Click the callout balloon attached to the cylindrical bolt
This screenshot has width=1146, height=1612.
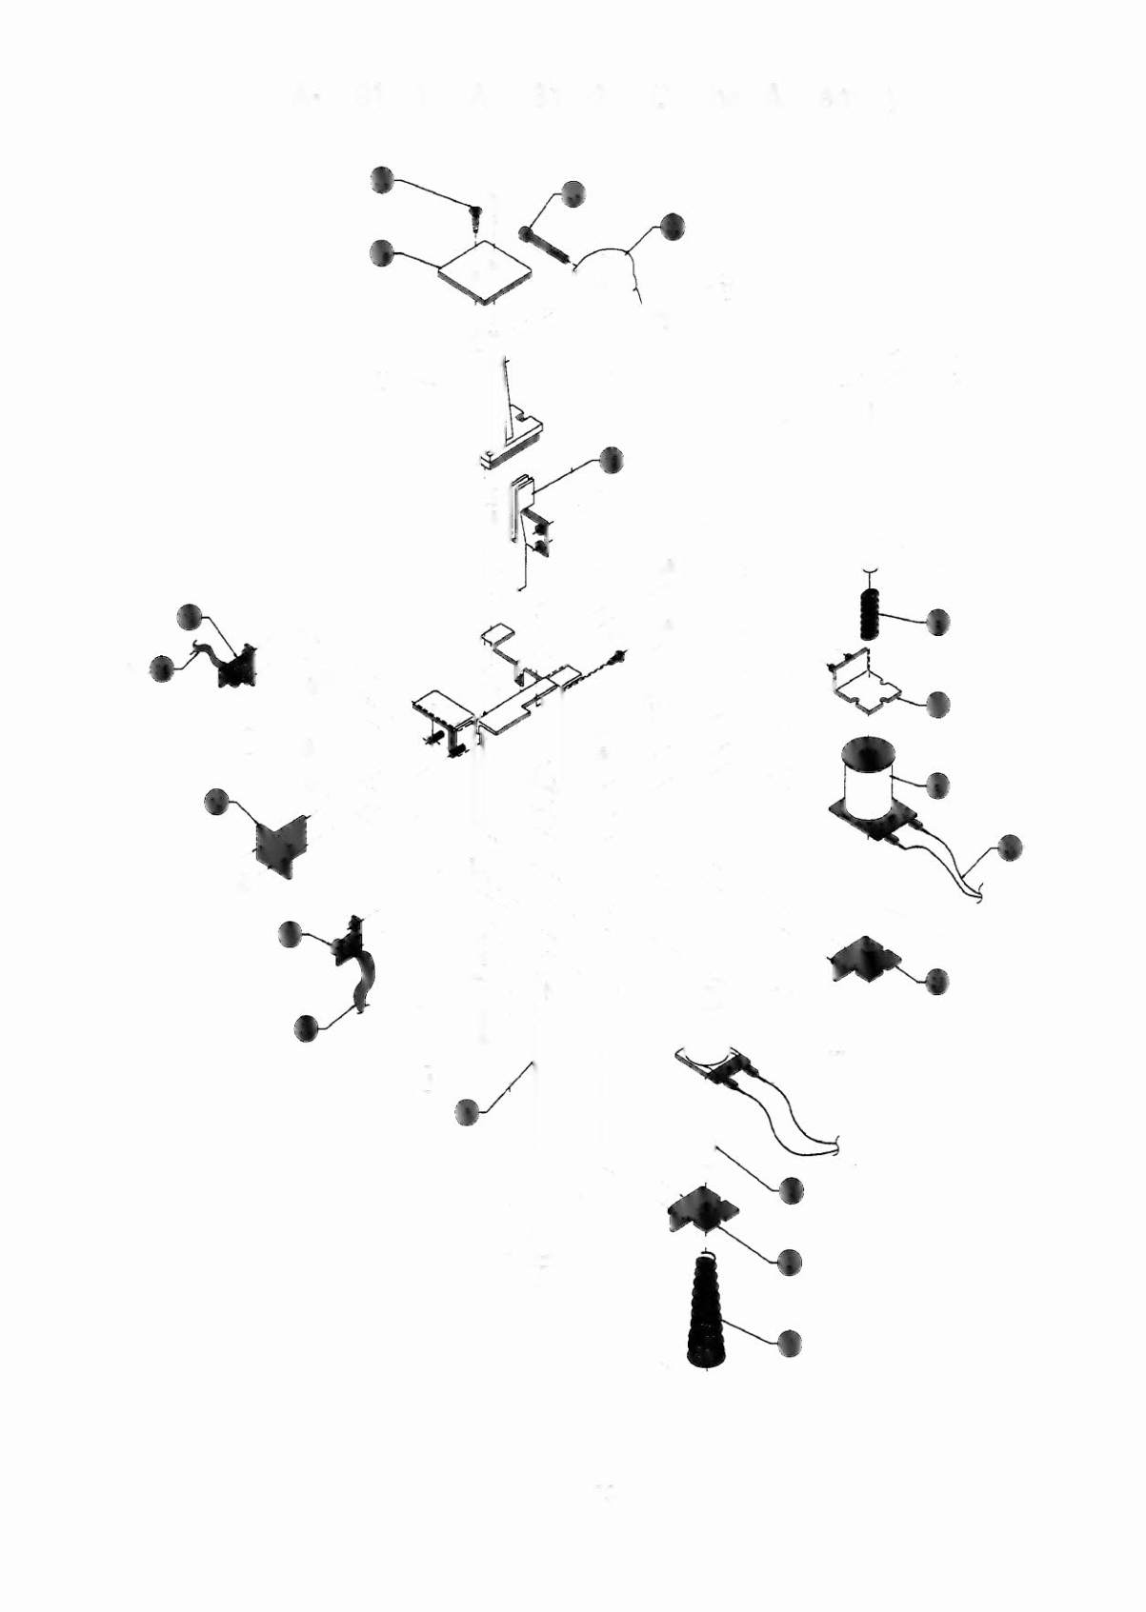point(573,194)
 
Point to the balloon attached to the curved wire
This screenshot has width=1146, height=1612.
point(672,227)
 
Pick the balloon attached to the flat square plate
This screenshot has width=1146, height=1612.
point(382,252)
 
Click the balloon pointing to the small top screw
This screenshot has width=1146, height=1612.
point(382,179)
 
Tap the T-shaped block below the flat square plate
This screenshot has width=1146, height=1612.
point(513,438)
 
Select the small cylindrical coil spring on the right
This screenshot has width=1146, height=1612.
point(871,611)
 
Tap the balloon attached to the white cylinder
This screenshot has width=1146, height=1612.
point(938,785)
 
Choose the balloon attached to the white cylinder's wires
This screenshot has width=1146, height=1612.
point(1009,847)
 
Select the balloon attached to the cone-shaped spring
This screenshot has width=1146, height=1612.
point(790,1343)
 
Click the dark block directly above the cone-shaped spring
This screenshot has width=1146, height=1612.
point(703,1207)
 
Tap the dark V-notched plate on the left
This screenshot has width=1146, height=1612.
point(281,844)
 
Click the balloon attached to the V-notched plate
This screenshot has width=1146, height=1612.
point(217,803)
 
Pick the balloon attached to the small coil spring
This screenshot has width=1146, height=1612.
point(938,622)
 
